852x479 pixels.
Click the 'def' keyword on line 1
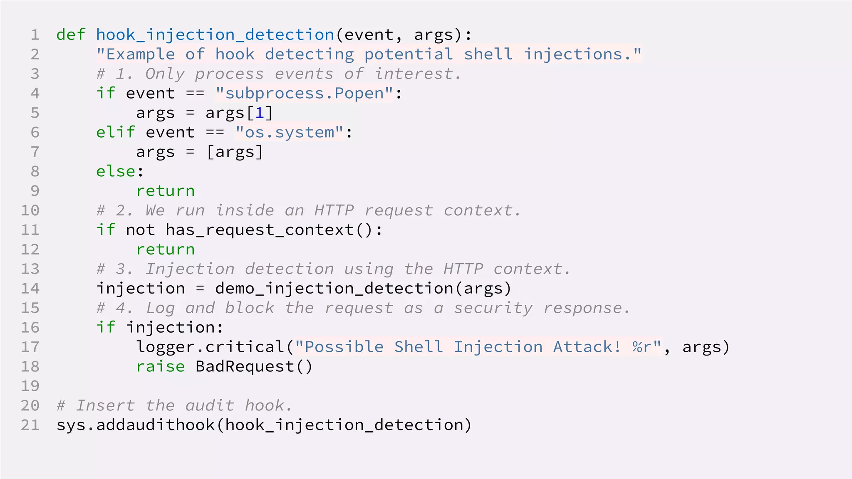pyautogui.click(x=71, y=35)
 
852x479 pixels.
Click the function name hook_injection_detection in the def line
pyautogui.click(x=215, y=35)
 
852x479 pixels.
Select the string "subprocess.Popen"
pyautogui.click(x=304, y=93)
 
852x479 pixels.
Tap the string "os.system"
pyautogui.click(x=290, y=132)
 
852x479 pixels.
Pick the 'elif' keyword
pyautogui.click(x=116, y=132)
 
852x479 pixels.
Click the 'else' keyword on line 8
pyautogui.click(x=116, y=171)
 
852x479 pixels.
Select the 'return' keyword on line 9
pyautogui.click(x=166, y=191)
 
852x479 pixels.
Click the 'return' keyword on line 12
pyautogui.click(x=166, y=249)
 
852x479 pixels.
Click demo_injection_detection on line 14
pyautogui.click(x=334, y=289)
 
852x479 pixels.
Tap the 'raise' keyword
pyautogui.click(x=161, y=367)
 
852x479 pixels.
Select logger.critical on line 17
pyautogui.click(x=210, y=347)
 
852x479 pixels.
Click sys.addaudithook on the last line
pyautogui.click(x=136, y=425)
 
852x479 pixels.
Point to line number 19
pyautogui.click(x=30, y=386)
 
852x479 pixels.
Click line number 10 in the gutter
pyautogui.click(x=30, y=210)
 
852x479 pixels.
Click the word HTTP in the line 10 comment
pyautogui.click(x=334, y=210)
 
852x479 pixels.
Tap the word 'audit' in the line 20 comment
pyautogui.click(x=210, y=405)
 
